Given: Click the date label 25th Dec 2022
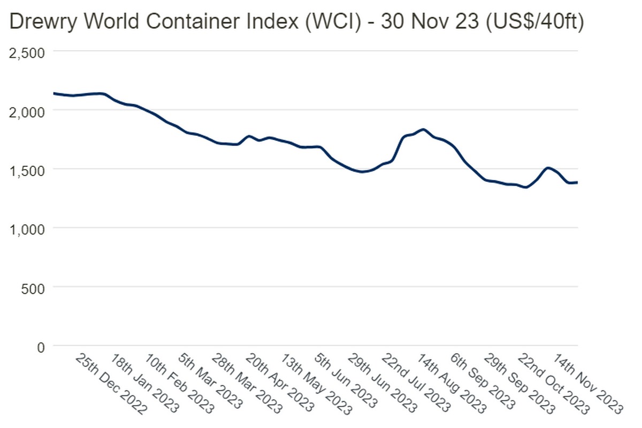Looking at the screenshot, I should (x=110, y=384).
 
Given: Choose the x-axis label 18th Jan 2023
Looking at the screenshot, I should (x=145, y=384).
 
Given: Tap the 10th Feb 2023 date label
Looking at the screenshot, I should (x=179, y=384).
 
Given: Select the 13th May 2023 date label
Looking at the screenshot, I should (x=315, y=384).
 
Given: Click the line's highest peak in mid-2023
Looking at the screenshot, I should (x=423, y=129).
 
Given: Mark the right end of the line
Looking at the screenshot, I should (x=577, y=182).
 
